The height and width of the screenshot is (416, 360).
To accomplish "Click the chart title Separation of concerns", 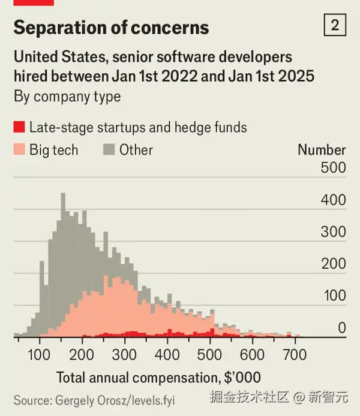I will pyautogui.click(x=111, y=28).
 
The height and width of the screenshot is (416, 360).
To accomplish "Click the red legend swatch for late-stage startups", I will pyautogui.click(x=19, y=127).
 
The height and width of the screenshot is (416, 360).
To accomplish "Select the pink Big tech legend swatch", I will pyautogui.click(x=19, y=149).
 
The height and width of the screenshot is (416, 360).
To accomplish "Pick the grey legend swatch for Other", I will pyautogui.click(x=109, y=149).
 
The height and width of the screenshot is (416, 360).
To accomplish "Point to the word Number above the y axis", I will pyautogui.click(x=322, y=150).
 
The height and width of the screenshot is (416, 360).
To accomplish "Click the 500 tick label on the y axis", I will pyautogui.click(x=334, y=168).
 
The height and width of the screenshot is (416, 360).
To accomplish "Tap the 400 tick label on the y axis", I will pyautogui.click(x=334, y=200).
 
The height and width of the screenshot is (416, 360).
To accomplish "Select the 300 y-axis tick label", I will pyautogui.click(x=334, y=232).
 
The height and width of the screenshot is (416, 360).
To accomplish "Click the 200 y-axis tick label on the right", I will pyautogui.click(x=334, y=264).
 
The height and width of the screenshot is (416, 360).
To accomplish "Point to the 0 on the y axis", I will pyautogui.click(x=341, y=328).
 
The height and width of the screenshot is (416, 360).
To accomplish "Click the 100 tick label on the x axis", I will pyautogui.click(x=40, y=355).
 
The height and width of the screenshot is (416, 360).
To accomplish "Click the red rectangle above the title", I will pyautogui.click(x=34, y=2).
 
